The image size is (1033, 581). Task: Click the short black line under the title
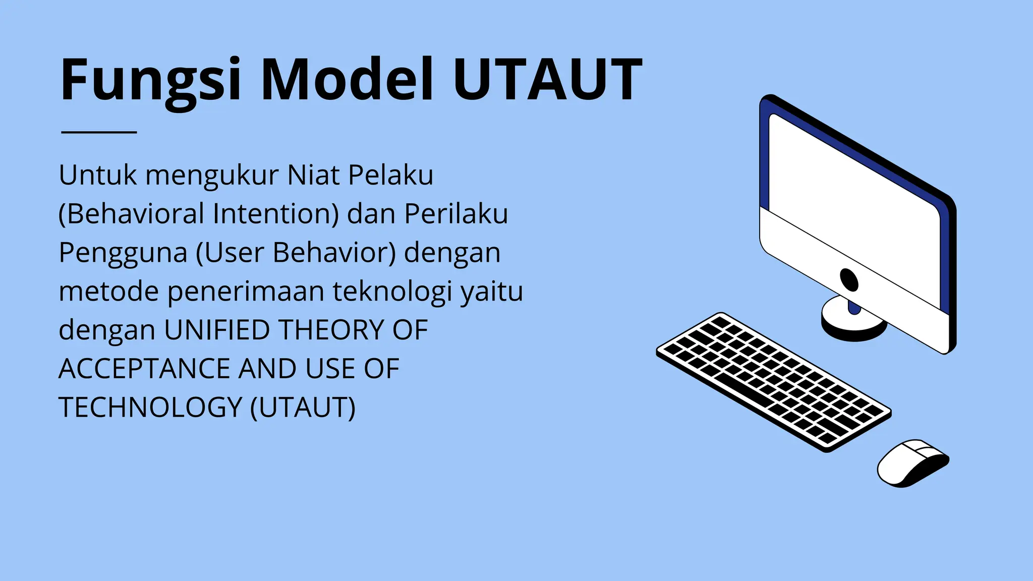click(99, 132)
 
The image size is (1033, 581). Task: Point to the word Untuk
click(98, 176)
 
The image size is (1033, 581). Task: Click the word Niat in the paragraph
click(313, 176)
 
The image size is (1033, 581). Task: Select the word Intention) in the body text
click(275, 214)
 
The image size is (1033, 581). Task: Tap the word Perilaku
click(456, 214)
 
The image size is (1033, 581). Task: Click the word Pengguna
click(123, 253)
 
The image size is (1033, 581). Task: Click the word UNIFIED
click(217, 330)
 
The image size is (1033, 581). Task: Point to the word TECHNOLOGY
click(150, 408)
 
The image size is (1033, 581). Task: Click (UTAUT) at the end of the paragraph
click(303, 408)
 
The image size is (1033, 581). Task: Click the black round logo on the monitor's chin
click(849, 279)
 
